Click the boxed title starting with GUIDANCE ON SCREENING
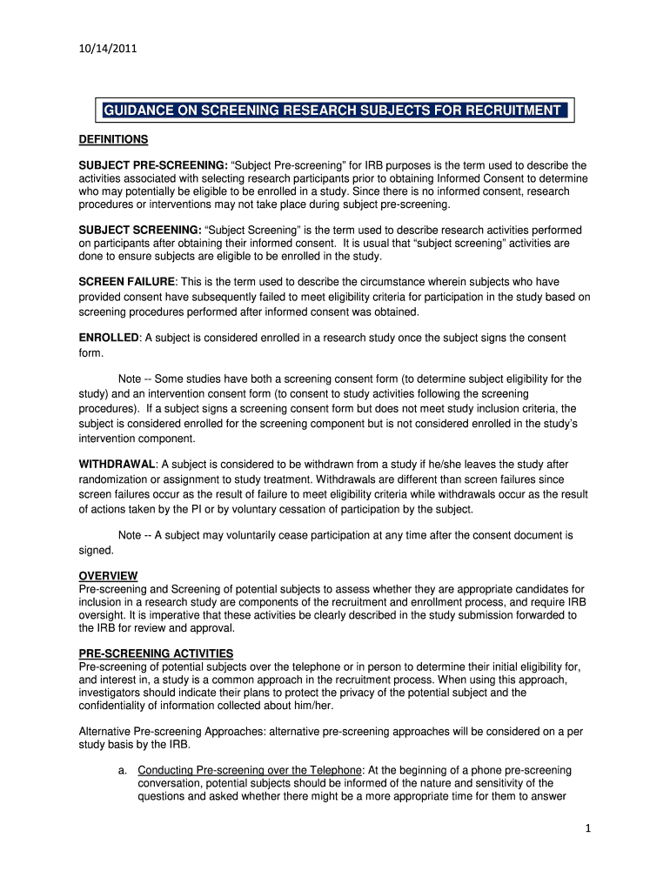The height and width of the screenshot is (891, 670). pyautogui.click(x=332, y=111)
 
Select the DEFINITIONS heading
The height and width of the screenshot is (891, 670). pyautogui.click(x=113, y=139)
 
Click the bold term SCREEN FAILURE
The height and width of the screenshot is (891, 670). pyautogui.click(x=127, y=282)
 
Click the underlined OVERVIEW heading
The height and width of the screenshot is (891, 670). pyautogui.click(x=108, y=576)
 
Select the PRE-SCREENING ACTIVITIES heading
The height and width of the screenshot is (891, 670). pyautogui.click(x=156, y=653)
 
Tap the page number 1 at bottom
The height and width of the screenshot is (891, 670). pyautogui.click(x=588, y=828)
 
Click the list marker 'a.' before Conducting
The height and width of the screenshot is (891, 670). pyautogui.click(x=123, y=770)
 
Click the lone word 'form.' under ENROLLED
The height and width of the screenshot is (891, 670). pyautogui.click(x=91, y=353)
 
